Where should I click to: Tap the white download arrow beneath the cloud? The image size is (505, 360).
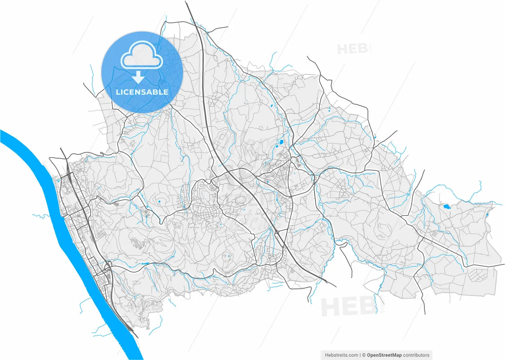tap(138, 77)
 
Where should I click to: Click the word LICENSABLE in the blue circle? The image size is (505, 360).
tap(142, 92)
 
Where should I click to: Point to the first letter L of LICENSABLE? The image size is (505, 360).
tap(118, 92)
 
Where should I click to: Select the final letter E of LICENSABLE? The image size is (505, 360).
tap(166, 92)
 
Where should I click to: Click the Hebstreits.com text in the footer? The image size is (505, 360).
tap(341, 355)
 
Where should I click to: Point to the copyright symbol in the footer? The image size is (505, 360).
tap(364, 355)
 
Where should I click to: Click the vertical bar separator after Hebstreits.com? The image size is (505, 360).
tap(360, 355)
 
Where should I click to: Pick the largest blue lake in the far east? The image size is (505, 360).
tap(446, 206)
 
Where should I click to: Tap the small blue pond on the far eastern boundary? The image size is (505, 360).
tap(487, 215)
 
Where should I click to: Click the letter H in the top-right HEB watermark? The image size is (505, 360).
tap(342, 49)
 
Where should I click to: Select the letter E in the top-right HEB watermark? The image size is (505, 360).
tap(352, 49)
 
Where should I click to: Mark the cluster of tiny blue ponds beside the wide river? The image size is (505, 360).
tap(59, 180)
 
